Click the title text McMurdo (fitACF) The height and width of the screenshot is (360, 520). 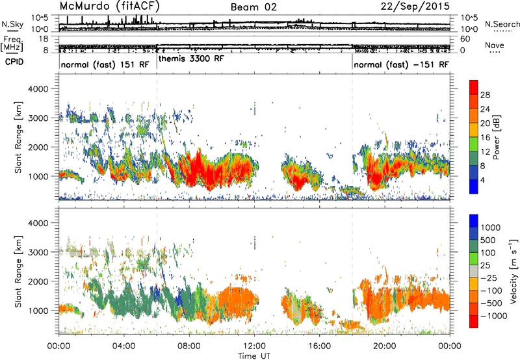(109, 6)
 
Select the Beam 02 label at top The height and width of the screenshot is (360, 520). (253, 7)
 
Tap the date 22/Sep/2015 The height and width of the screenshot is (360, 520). (415, 6)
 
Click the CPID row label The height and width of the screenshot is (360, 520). (14, 62)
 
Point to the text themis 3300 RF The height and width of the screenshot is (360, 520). (191, 58)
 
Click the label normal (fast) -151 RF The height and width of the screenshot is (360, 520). (401, 64)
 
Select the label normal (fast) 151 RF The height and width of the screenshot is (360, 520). (105, 64)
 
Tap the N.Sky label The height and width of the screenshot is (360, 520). (12, 24)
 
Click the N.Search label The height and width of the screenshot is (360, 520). (502, 24)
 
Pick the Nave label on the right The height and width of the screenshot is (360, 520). (495, 45)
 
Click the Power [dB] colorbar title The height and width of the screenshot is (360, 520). (497, 137)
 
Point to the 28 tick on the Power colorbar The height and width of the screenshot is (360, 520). (485, 95)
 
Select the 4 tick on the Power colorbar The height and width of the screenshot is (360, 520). (483, 181)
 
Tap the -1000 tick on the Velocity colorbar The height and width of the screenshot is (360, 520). (494, 316)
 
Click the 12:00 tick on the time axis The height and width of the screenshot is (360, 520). (254, 346)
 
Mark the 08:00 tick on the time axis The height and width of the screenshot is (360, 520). (189, 346)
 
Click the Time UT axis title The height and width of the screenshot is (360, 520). (254, 356)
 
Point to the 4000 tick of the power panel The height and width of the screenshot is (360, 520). (38, 89)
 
